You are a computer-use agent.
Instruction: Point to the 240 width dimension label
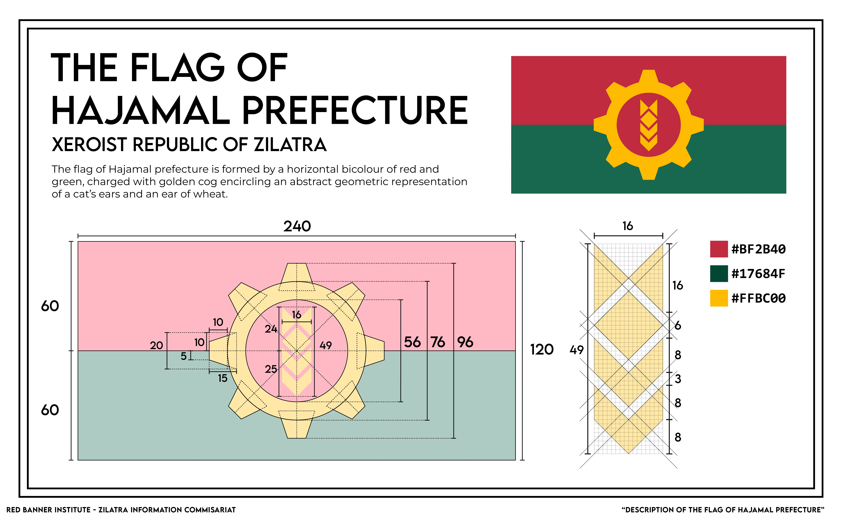[297, 226]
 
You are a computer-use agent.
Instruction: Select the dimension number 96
[465, 342]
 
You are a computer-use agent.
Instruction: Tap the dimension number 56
[412, 342]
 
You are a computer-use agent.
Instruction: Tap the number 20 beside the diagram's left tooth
[156, 345]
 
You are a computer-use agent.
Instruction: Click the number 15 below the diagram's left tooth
[223, 378]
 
